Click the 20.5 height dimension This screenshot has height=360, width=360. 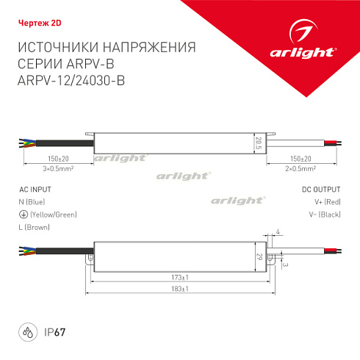click(x=259, y=141)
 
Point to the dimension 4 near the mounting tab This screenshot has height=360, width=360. click(x=279, y=233)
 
